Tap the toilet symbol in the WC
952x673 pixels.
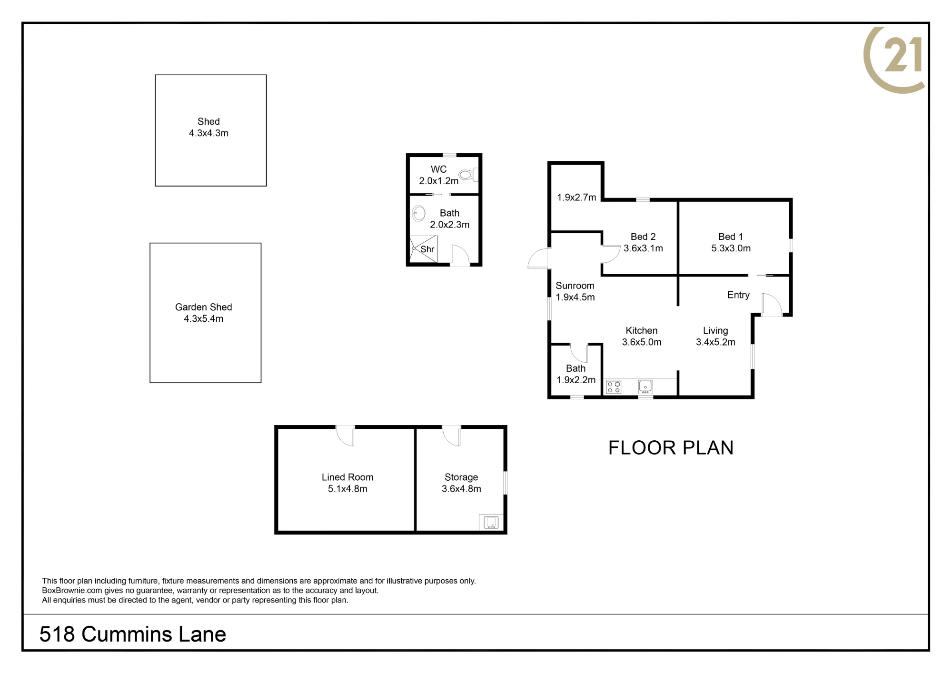tap(468, 175)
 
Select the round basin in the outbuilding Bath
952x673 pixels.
tap(418, 213)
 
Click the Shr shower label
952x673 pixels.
tap(427, 249)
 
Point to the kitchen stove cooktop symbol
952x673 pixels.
tap(614, 386)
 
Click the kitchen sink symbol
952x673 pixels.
tap(645, 386)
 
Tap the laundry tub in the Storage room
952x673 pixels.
tap(491, 522)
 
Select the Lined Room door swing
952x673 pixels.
tap(345, 436)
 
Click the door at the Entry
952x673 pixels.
tap(772, 305)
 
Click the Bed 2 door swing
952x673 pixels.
tap(611, 254)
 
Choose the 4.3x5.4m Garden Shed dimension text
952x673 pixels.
tap(203, 319)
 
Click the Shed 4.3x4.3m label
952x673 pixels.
tap(208, 127)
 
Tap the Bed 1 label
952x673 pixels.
tap(731, 237)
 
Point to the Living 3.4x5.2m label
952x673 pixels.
tap(715, 336)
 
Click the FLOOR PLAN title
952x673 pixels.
tap(671, 447)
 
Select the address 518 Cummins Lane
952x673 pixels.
tap(133, 634)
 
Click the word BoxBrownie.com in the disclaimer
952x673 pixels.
tap(72, 590)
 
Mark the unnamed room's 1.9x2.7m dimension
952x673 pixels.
tap(576, 197)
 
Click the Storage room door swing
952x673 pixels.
tap(452, 436)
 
